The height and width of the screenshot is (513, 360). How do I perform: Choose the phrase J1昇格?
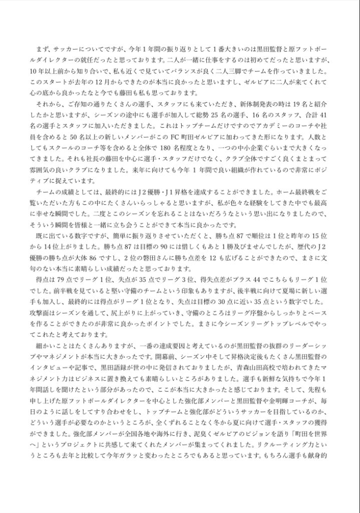[x=197, y=192]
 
